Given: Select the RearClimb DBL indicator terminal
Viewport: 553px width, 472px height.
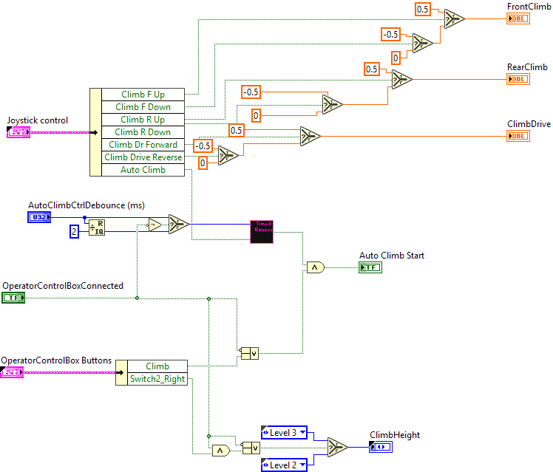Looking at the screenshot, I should click(518, 78).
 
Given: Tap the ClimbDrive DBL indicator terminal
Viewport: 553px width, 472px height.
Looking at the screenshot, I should click(518, 136).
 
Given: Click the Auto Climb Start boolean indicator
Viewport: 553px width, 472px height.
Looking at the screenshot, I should click(370, 267).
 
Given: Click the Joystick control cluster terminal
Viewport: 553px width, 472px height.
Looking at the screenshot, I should click(18, 132).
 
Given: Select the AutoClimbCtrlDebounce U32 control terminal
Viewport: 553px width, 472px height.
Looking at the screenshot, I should click(39, 217).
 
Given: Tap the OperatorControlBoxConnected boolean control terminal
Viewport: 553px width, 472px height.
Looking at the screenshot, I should click(13, 298).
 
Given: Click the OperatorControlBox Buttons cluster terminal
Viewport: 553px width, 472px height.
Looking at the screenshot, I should click(13, 373).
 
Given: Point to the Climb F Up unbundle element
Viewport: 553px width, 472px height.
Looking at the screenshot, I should click(143, 95).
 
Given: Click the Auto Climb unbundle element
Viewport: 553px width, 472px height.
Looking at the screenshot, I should click(143, 170).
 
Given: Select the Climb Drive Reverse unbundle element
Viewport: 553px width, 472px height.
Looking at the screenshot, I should click(143, 157).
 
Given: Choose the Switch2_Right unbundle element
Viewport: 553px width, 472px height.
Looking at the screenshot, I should click(157, 379).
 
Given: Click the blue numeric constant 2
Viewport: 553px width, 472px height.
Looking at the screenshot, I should click(74, 232).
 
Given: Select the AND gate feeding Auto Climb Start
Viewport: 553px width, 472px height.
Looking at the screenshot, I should click(316, 267).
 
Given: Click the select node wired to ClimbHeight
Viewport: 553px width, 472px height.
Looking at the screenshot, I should click(338, 448).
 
